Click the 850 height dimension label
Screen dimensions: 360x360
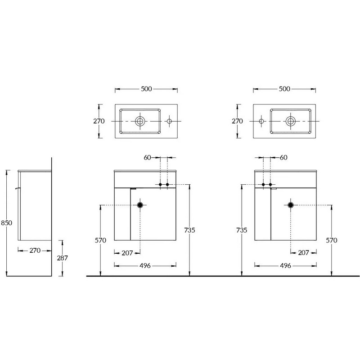[7, 223]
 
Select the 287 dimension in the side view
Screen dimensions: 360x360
[63, 258]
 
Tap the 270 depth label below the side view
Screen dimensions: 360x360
[35, 251]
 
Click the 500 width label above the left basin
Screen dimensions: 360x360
[147, 89]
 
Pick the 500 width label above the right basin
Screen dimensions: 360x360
[285, 89]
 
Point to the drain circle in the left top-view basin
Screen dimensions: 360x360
[140, 121]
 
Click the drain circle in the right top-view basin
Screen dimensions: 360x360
[291, 121]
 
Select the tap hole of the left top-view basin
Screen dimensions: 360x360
[169, 121]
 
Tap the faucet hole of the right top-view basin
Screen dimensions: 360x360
[261, 121]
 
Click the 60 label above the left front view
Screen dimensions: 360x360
[148, 157]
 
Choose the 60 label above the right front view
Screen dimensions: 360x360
[284, 157]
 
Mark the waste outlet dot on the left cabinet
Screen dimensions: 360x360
[140, 205]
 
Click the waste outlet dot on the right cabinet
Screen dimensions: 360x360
[291, 205]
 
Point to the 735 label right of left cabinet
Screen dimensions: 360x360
[189, 230]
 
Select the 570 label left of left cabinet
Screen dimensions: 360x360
[100, 240]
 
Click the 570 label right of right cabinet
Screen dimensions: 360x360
[332, 240]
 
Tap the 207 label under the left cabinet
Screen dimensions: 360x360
[127, 253]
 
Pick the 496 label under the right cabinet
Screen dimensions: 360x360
[286, 265]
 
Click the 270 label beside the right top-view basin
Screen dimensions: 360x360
[237, 121]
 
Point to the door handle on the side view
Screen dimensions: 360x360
[18, 188]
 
